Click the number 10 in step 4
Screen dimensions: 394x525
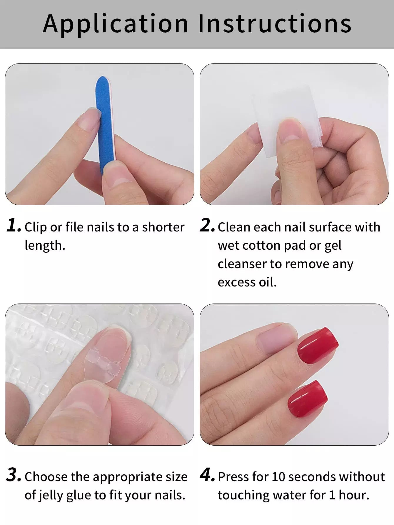click(278, 477)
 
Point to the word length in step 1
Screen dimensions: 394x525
click(45, 246)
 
